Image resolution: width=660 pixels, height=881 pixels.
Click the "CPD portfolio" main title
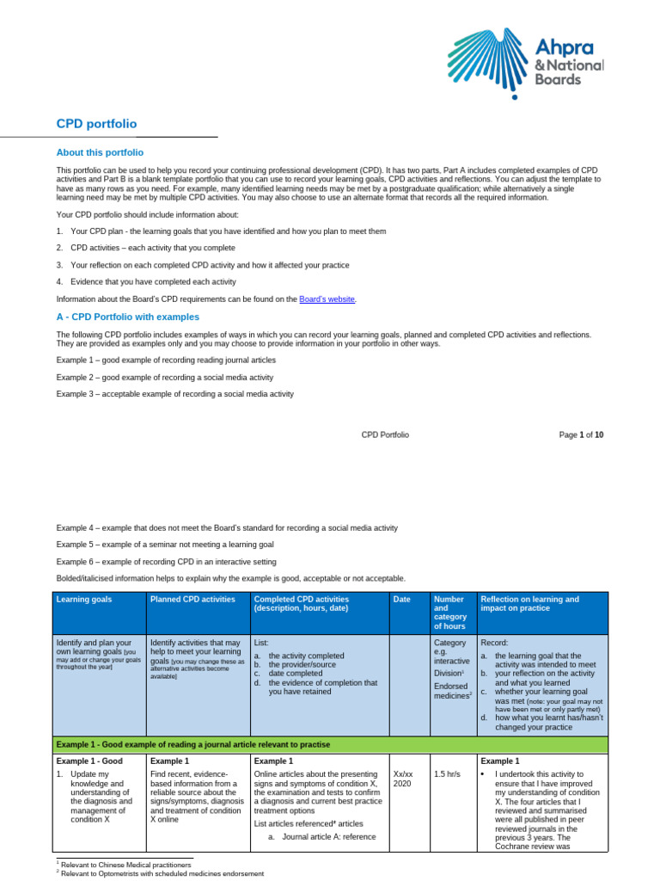coord(96,124)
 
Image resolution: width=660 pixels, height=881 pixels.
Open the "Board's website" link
coord(327,299)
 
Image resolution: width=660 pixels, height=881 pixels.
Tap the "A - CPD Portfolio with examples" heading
coord(127,317)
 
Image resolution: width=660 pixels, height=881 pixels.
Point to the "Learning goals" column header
coord(83,599)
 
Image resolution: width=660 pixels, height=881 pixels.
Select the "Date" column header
coord(401,599)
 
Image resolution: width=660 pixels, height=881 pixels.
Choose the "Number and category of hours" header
coord(449,612)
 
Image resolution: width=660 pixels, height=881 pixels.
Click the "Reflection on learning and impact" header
coord(529,604)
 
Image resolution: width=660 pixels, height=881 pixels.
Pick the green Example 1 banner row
coord(331,743)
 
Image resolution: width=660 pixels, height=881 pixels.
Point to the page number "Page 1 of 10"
coord(581,435)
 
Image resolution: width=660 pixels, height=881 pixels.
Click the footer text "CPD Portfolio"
coord(385,435)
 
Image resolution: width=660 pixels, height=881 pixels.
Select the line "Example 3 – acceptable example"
coord(174,394)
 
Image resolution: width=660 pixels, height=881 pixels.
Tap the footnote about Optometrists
coord(160,873)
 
